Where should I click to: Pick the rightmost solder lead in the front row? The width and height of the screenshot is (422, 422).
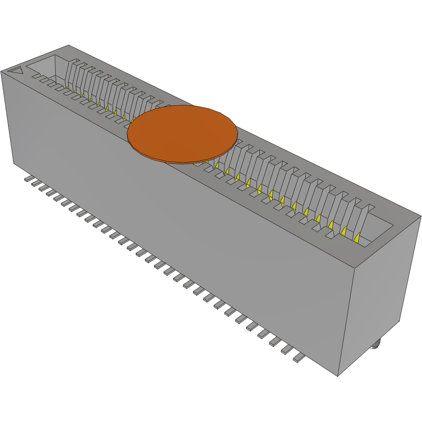pyautogui.click(x=299, y=359)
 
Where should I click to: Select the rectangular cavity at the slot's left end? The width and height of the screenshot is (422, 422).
pyautogui.click(x=46, y=66)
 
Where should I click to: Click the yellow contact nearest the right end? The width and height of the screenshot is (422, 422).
pyautogui.click(x=358, y=238)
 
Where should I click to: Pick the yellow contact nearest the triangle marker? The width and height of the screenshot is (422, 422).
pyautogui.click(x=68, y=87)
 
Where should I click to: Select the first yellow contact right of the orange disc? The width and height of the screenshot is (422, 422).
pyautogui.click(x=217, y=165)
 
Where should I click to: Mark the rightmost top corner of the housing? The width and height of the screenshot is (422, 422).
pyautogui.click(x=420, y=216)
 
